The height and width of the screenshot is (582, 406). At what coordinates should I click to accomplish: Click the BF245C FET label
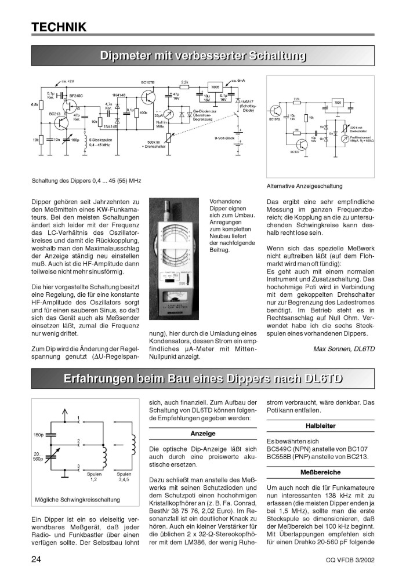tap(76, 95)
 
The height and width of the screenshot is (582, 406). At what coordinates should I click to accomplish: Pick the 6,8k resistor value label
tap(34, 105)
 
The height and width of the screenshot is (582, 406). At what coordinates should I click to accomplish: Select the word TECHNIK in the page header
tap(59, 27)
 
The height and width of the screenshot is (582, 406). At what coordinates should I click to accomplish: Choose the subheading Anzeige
tap(203, 434)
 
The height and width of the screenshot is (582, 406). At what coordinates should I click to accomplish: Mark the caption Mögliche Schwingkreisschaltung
tap(78, 499)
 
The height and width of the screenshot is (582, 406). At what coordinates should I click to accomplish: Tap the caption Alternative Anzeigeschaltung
tap(304, 186)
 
